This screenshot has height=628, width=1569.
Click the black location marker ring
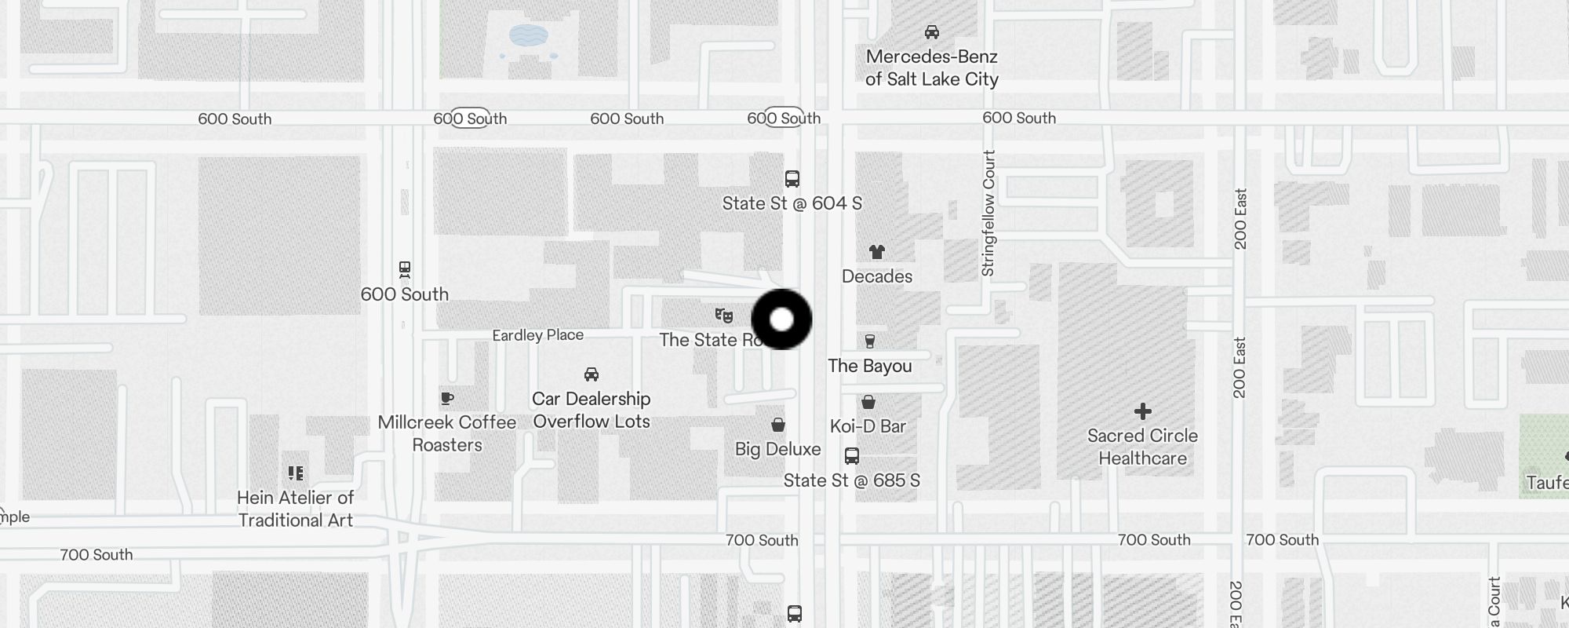click(x=781, y=319)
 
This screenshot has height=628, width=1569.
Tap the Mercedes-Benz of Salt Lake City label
click(x=931, y=68)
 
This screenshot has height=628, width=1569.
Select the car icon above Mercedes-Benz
click(x=932, y=32)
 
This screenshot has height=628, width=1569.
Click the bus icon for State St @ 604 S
click(x=792, y=179)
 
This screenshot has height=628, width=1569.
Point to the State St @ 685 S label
click(x=851, y=480)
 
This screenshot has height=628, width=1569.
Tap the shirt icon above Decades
click(x=876, y=252)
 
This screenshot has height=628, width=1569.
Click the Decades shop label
click(x=876, y=276)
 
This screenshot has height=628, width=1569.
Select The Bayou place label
click(x=869, y=366)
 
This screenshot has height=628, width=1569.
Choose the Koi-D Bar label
click(x=868, y=426)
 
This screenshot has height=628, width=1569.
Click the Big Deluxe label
click(x=777, y=449)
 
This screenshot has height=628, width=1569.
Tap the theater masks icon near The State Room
click(x=723, y=316)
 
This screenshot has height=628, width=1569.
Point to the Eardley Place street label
click(x=537, y=335)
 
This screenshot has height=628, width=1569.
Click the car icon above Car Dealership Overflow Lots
click(x=592, y=374)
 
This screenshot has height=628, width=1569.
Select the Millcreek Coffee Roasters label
click(x=446, y=433)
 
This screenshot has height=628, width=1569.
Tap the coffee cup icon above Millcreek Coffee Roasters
click(x=447, y=399)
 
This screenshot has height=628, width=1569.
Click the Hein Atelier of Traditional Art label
click(x=295, y=509)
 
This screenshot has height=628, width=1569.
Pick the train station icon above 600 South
click(x=405, y=270)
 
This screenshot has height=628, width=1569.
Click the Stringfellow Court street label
click(x=988, y=213)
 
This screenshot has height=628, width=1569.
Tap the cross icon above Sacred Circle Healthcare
click(x=1142, y=411)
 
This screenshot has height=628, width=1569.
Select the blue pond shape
click(x=529, y=35)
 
